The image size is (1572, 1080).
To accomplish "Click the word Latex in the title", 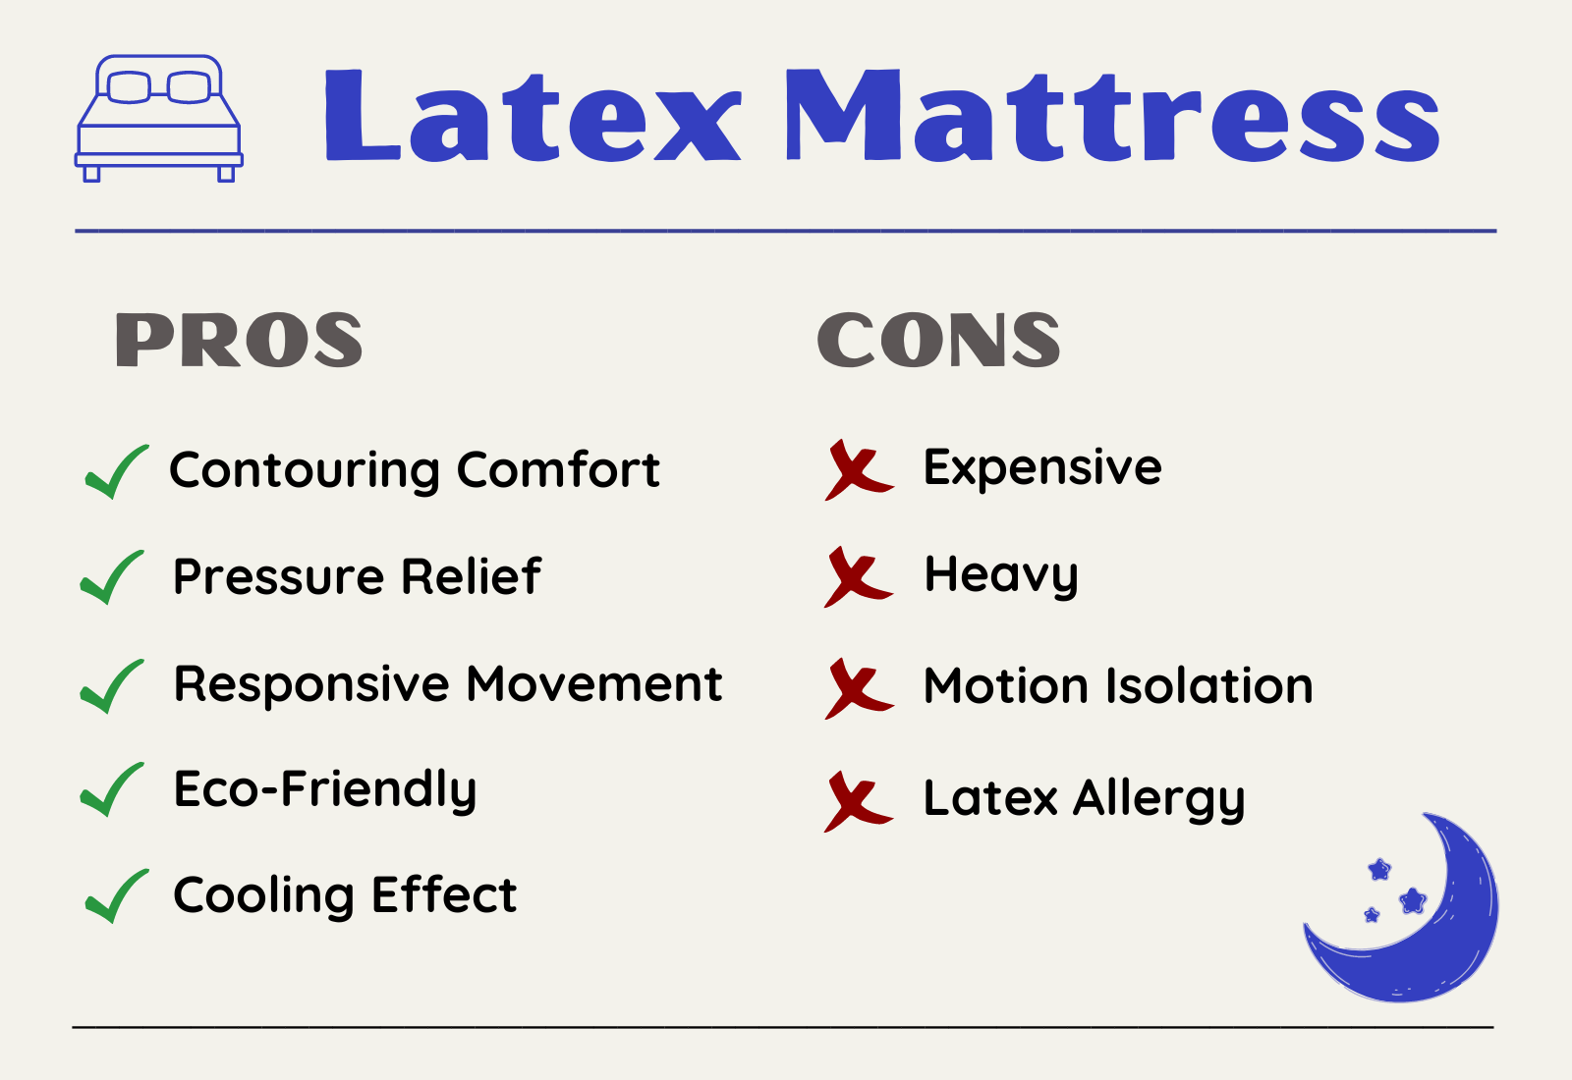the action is click(x=533, y=116).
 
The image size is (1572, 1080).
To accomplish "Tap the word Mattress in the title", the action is click(x=1112, y=116).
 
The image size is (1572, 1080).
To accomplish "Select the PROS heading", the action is click(x=240, y=340).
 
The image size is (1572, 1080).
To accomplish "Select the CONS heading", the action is click(x=938, y=340).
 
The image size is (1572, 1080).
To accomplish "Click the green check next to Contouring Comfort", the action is click(x=117, y=471).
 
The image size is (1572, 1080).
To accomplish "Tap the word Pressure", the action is click(x=279, y=577).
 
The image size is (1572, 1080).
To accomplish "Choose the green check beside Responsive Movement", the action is click(x=112, y=686).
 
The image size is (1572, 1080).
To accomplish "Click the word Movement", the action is click(x=594, y=683).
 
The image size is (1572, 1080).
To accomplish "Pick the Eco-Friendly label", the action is click(x=325, y=790).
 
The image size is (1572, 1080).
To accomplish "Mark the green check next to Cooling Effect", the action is click(x=117, y=895).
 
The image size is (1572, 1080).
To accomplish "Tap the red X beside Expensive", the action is click(x=859, y=470).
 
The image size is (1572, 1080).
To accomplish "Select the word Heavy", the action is click(x=1001, y=575).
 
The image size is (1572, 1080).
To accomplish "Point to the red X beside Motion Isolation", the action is click(x=859, y=688).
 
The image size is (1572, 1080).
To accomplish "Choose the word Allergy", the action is click(x=1158, y=799).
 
